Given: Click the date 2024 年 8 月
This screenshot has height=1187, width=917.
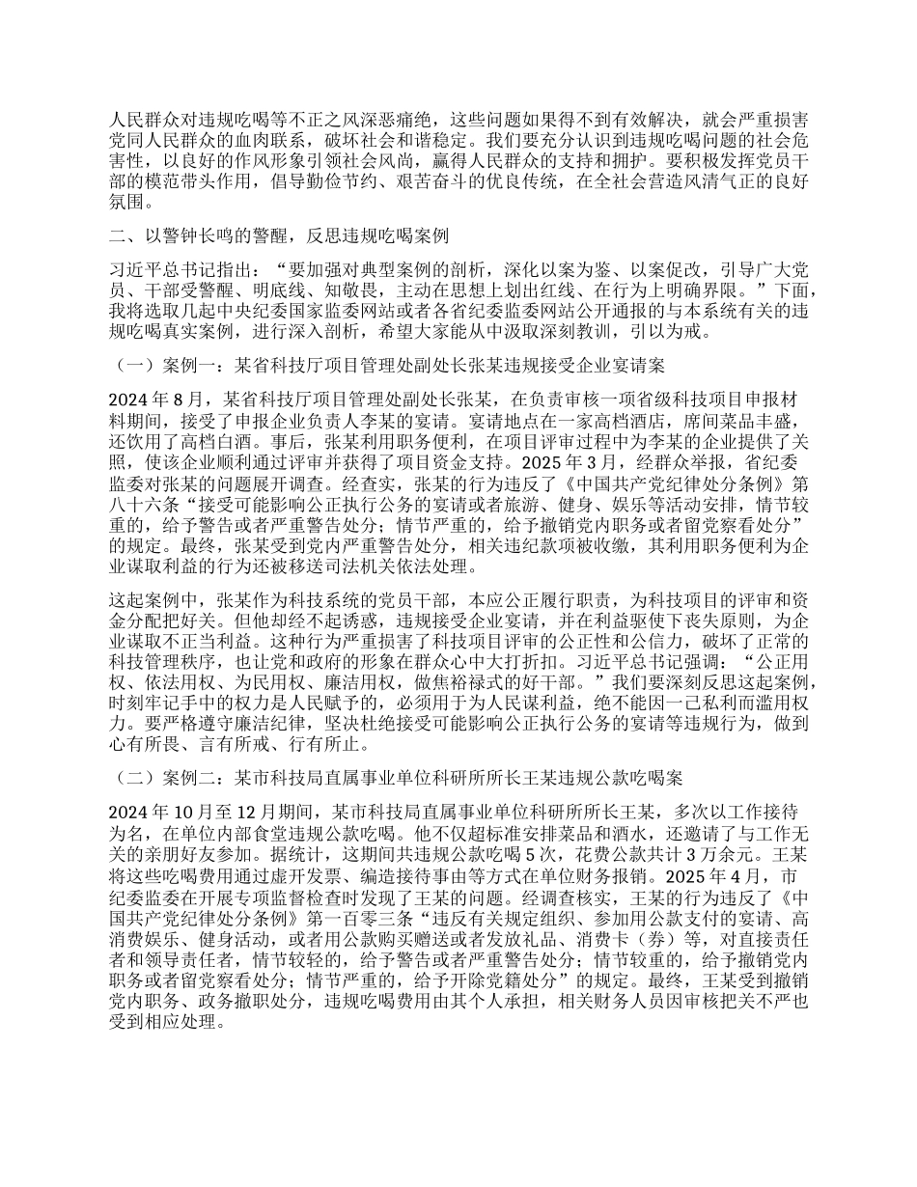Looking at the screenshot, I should pos(155,397).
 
